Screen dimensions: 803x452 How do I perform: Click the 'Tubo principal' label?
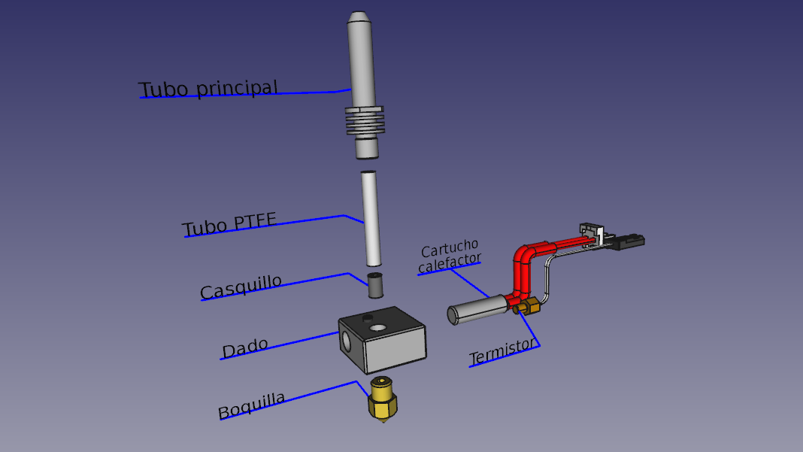pos(208,89)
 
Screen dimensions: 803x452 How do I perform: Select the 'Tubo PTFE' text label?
pos(229,224)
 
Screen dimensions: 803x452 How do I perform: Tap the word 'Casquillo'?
pos(241,287)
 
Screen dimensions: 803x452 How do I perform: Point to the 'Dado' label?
pos(245,348)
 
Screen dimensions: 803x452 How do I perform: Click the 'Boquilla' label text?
pos(251,405)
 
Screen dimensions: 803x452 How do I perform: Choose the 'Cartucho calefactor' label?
pos(450,256)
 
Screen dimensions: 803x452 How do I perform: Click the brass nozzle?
pos(383,399)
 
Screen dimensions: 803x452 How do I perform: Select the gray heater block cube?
pos(382,339)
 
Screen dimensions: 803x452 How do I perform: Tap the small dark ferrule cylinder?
pos(375,286)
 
